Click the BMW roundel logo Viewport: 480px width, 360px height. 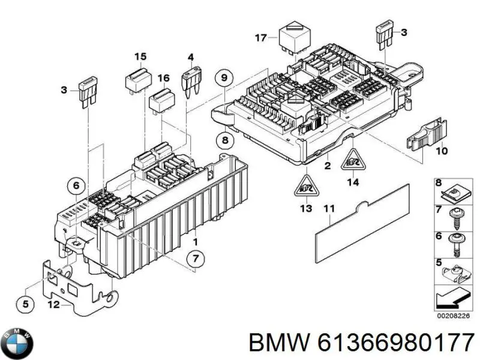tap(17, 343)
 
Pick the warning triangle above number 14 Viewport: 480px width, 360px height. tap(352, 160)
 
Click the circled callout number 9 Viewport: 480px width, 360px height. tap(224, 79)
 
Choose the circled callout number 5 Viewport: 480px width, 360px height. tap(25, 305)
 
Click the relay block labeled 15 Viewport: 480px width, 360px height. tap(137, 78)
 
